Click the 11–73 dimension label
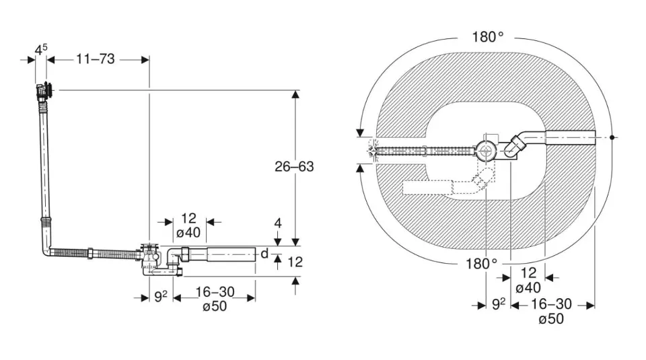95,59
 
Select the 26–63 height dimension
294,166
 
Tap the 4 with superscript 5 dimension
41,49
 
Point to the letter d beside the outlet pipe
264,254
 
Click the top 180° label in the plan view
487,37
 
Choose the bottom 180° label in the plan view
480,263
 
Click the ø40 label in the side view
188,233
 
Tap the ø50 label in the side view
214,307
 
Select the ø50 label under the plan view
552,319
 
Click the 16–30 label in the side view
214,293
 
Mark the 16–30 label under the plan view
552,304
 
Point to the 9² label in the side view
160,295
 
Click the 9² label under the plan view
498,304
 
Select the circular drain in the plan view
485,149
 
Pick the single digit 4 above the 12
278,223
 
